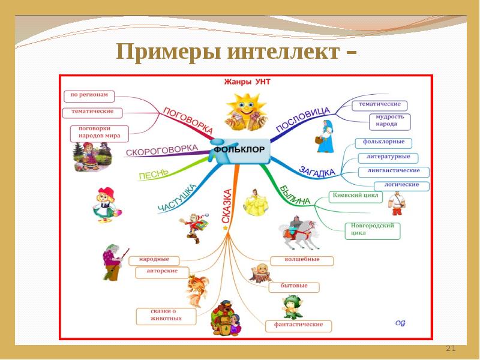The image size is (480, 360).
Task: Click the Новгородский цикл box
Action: tap(373, 230)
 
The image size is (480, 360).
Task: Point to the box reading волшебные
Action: tap(302, 260)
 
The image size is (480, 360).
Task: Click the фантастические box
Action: tap(298, 325)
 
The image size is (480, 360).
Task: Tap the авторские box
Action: tap(162, 272)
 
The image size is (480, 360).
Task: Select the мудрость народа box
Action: tap(390, 121)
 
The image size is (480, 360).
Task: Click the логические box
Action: tap(401, 185)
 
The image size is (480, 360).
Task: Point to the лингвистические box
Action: tap(393, 171)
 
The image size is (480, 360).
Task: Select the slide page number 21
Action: tap(451, 349)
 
